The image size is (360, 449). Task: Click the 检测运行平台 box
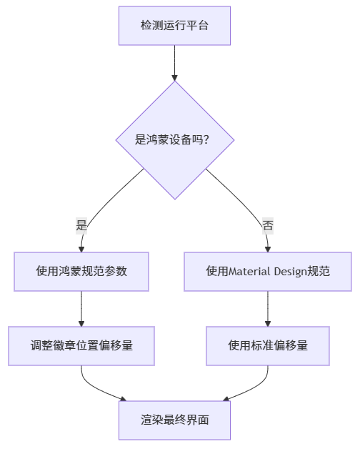coord(175,25)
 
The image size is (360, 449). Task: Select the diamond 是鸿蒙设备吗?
coord(175,140)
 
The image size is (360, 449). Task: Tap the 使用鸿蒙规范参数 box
coord(81,272)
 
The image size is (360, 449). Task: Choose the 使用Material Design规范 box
coord(268,272)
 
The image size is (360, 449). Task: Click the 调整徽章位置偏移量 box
coord(81,345)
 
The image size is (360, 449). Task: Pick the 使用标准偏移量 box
coord(268,345)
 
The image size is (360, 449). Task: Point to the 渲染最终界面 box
coord(175,420)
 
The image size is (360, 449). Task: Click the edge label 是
coord(81,225)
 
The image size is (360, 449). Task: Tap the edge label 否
coord(268,225)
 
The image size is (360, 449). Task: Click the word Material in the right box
coord(251,272)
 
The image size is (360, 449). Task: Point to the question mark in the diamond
coord(206,140)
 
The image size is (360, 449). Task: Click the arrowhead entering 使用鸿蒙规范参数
coord(81,248)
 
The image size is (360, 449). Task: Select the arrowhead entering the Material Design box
coord(268,248)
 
